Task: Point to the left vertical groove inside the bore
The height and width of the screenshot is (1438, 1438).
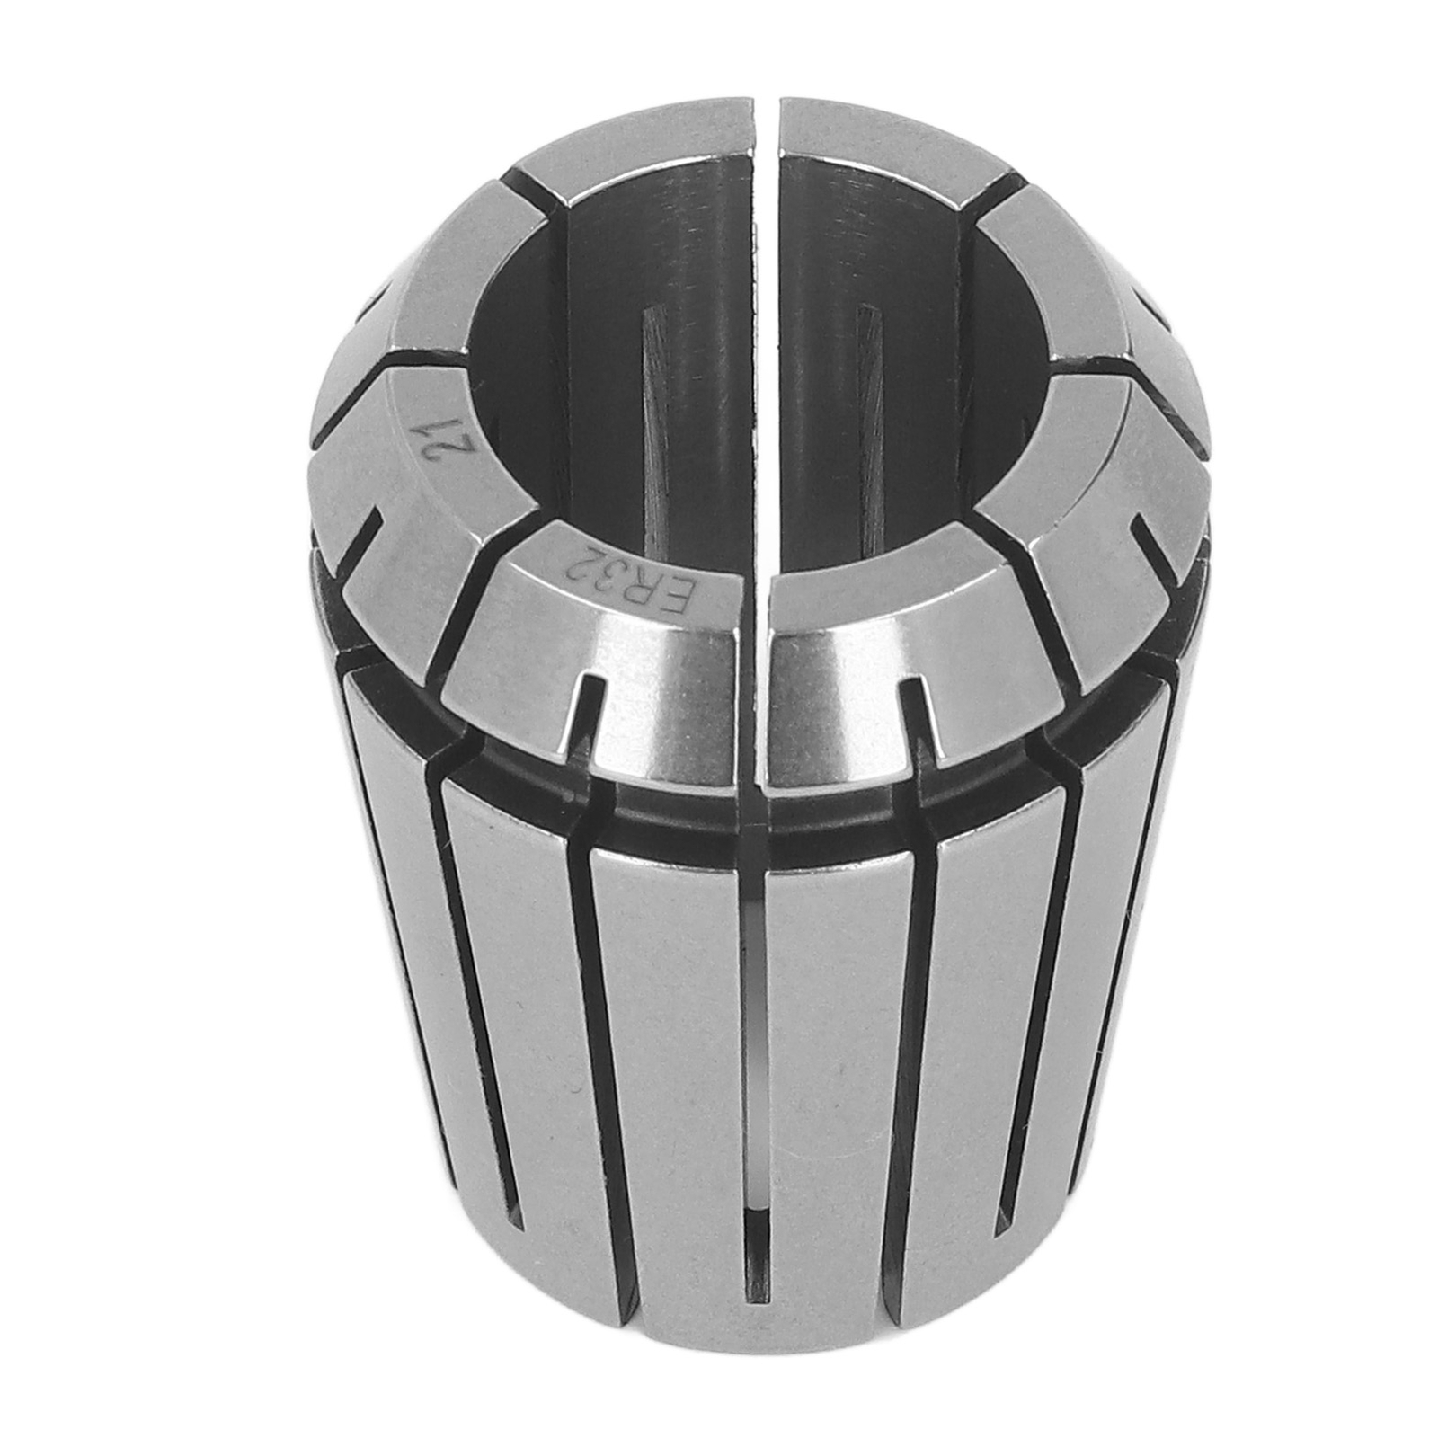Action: tap(650, 422)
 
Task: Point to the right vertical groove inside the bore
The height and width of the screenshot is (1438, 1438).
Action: tap(868, 422)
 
